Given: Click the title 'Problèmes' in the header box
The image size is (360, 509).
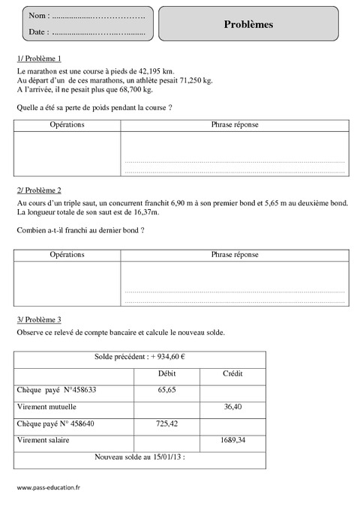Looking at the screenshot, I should pos(248,24).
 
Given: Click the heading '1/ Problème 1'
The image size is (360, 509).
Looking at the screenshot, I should pos(38,58).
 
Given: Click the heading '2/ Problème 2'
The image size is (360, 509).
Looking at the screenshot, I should pos(38,190).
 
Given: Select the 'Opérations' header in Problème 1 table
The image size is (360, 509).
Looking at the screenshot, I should pos(67,124).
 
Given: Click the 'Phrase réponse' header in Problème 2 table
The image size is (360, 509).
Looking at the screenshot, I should pos(235,255).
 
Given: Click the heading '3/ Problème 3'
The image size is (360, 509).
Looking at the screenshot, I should pos(38,319).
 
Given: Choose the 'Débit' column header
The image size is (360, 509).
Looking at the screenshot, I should pos(166,373).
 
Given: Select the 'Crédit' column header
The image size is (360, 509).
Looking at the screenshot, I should pos(232,373).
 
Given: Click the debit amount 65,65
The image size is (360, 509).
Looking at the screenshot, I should pos(166,390).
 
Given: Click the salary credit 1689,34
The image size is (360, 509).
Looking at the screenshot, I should pos(232,440).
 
